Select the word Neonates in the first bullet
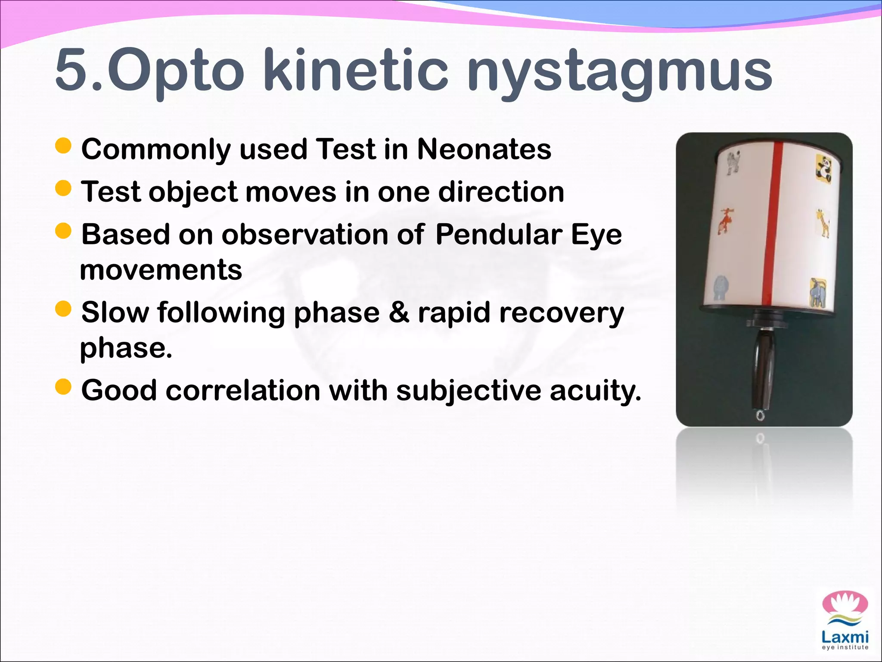(484, 149)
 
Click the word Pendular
(498, 235)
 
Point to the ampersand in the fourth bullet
(399, 312)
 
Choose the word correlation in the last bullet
(243, 390)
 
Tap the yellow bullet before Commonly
(63, 146)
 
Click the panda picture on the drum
(824, 169)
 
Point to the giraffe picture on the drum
(823, 223)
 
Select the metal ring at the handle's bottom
(761, 416)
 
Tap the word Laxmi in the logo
(845, 637)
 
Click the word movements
(161, 270)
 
